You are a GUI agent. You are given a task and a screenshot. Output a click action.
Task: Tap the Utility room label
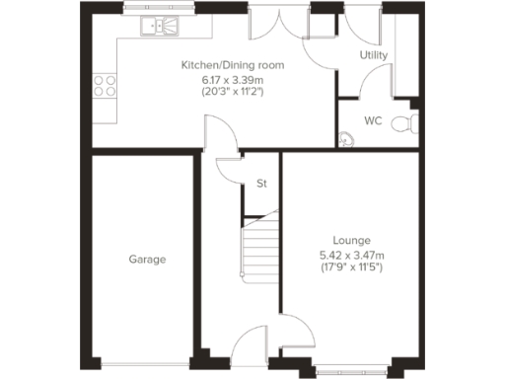[373, 56]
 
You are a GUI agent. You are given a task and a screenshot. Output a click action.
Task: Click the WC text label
[373, 121]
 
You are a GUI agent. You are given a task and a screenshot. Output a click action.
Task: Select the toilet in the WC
[404, 123]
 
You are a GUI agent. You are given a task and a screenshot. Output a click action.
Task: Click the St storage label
[261, 184]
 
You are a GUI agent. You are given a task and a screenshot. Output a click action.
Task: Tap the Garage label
[147, 260]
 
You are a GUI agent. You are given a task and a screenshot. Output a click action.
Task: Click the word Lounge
[351, 240]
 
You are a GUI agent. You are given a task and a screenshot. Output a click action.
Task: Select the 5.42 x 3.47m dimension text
[351, 254]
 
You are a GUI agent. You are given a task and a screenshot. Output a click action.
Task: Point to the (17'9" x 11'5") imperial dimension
[351, 266]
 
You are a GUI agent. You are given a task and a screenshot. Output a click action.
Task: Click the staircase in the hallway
[259, 247]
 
